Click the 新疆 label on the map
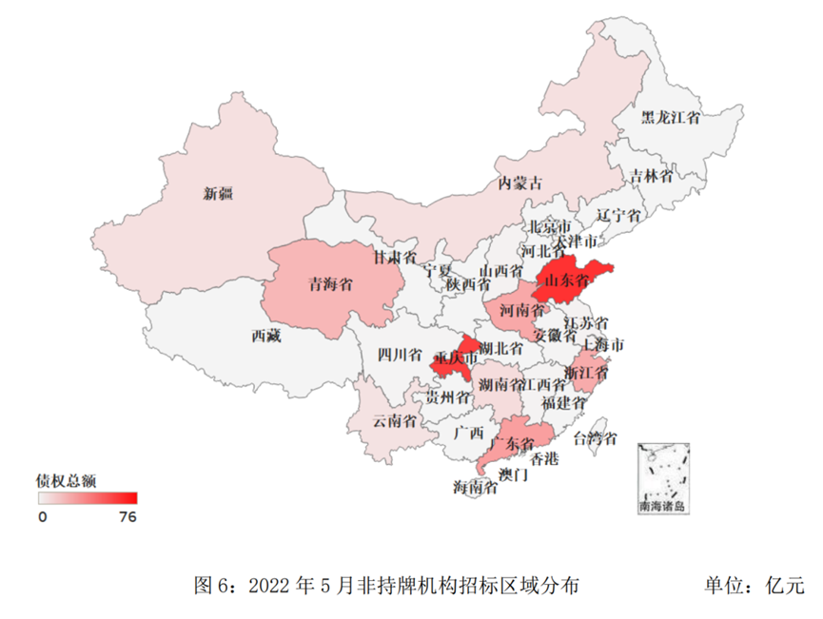click(218, 195)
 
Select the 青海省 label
click(331, 283)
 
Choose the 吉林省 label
click(652, 176)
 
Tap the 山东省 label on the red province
click(570, 280)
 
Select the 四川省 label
click(400, 356)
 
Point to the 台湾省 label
click(595, 438)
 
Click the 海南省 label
click(475, 488)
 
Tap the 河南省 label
click(522, 310)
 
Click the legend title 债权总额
click(66, 478)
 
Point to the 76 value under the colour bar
click(127, 517)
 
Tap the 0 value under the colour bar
click(42, 517)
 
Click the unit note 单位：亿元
click(754, 584)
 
